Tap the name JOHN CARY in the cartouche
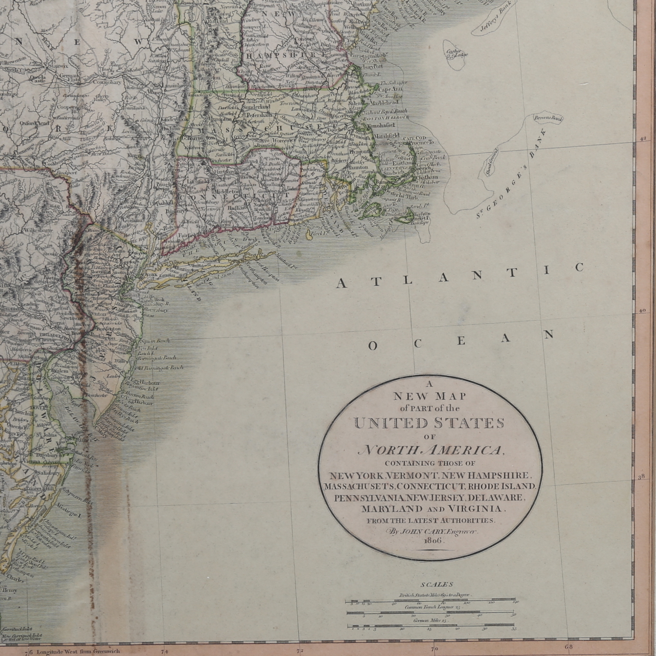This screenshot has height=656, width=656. (x=414, y=531)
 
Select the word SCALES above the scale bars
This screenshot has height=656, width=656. (x=430, y=585)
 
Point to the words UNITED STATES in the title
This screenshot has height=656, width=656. (x=429, y=423)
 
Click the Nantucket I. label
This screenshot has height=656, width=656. (x=419, y=220)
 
